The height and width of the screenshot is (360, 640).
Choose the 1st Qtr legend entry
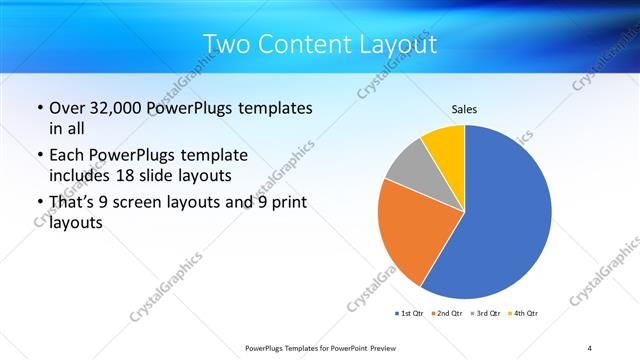409,314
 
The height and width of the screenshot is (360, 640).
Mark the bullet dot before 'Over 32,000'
39,108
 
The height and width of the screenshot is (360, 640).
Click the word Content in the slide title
304,44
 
